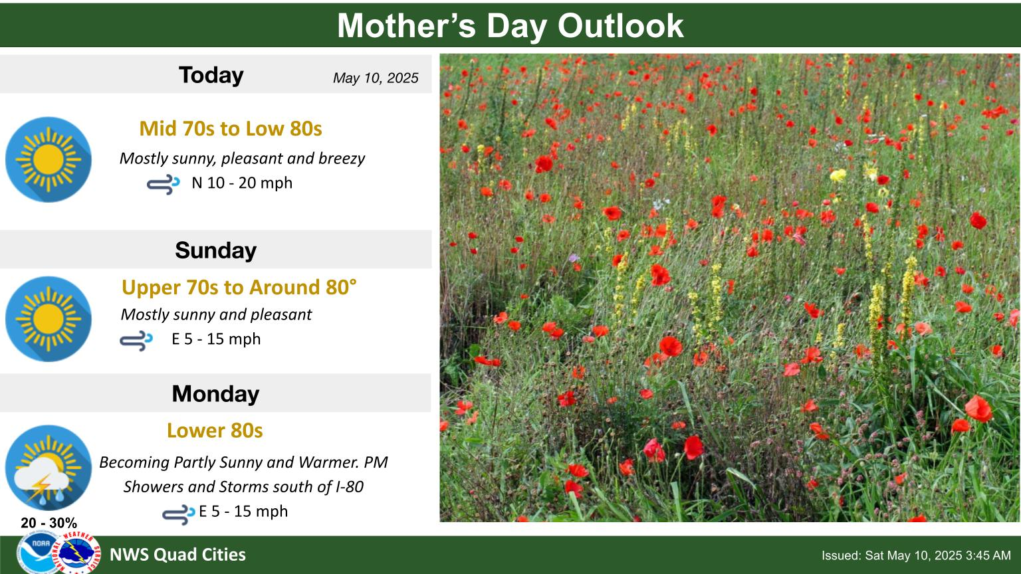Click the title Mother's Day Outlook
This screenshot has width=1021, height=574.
510,25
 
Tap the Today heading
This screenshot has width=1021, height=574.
211,74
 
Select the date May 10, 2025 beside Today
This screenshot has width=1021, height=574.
375,78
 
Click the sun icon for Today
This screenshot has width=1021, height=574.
49,159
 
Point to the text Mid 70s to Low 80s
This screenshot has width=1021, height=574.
231,128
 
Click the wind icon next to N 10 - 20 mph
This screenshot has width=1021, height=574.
163,183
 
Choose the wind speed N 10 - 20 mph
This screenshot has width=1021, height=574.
242,183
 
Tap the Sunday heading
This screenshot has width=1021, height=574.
215,250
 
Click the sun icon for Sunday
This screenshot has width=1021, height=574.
49,319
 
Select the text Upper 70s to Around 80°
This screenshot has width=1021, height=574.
239,288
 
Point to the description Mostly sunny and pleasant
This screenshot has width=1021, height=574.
216,314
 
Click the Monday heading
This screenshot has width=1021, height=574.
215,393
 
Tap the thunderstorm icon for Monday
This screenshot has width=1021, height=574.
49,468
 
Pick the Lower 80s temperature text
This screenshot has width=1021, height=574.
215,430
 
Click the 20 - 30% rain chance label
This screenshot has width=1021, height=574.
49,523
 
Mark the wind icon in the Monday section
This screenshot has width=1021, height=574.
179,514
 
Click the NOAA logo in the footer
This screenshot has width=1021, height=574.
38,553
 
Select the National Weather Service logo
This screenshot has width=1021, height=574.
79,551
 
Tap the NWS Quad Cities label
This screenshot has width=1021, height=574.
177,555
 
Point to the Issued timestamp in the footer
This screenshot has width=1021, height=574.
916,555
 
